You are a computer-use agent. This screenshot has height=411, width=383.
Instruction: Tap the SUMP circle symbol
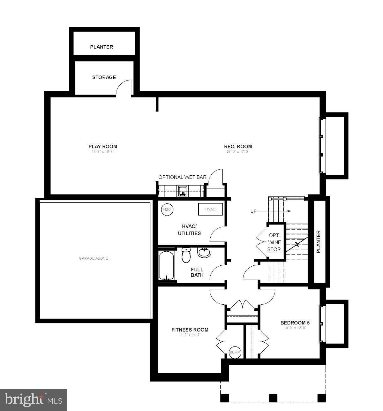pos(235,352)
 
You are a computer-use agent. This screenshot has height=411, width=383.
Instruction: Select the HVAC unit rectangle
pos(210,209)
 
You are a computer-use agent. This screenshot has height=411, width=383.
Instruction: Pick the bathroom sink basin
pos(204,253)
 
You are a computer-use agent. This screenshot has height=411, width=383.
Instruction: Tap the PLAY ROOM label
pos(103,147)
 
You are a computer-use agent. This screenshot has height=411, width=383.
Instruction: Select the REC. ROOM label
pos(238,147)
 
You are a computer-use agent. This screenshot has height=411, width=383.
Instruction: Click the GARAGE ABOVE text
pos(93,258)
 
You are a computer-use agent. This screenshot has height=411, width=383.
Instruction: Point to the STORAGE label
pos(104,77)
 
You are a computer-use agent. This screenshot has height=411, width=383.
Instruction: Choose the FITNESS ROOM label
pos(190,330)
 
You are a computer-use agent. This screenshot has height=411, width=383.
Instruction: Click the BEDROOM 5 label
pos(295,323)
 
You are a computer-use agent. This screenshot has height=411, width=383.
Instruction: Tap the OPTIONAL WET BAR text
pos(182,177)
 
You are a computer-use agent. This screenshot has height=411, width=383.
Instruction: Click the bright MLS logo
pos(33,400)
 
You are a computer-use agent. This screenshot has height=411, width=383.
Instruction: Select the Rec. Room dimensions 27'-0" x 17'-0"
pos(238,152)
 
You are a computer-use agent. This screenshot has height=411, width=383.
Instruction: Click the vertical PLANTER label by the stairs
pos(318,242)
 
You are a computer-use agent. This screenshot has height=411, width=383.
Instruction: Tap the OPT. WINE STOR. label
pos(274,242)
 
